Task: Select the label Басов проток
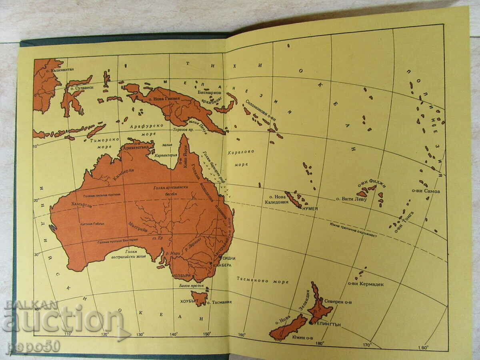tap(189, 286)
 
